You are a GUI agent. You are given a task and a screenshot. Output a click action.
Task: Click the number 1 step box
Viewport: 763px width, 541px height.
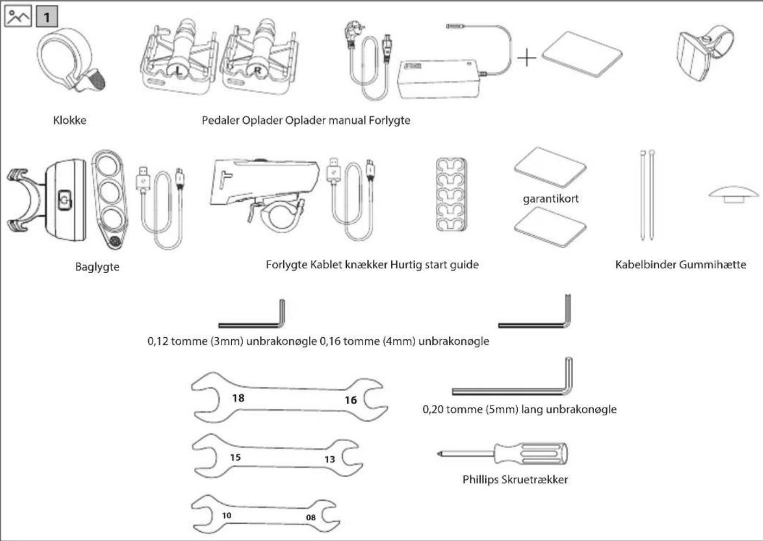[x=47, y=16]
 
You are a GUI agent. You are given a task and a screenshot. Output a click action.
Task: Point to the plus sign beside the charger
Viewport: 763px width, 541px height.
[x=526, y=57]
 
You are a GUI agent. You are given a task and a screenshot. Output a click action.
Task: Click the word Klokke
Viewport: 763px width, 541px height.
[x=69, y=120]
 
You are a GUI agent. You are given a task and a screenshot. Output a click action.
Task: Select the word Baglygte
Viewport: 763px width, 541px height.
[x=97, y=267]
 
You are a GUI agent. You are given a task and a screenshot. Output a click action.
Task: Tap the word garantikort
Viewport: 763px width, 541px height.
[x=550, y=199]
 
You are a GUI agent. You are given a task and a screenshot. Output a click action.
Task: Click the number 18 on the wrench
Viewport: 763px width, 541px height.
[x=238, y=398]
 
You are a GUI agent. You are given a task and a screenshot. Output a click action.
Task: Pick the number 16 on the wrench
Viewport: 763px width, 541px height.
[x=351, y=400]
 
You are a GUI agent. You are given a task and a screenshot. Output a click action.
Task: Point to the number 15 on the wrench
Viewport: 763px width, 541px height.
[x=236, y=458]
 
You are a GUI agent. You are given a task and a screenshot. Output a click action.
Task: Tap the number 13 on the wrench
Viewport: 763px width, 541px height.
[x=330, y=460]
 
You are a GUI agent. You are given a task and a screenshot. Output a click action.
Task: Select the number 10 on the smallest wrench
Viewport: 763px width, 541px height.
[x=226, y=516]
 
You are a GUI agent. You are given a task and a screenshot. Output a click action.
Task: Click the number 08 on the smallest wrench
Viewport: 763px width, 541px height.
[x=310, y=518]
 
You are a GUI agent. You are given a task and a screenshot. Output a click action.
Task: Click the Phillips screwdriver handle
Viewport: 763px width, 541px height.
[x=531, y=454]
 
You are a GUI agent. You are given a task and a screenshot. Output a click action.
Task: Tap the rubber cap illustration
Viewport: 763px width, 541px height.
[x=734, y=194]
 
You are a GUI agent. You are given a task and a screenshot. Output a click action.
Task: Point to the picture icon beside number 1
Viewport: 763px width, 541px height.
[x=18, y=16]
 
